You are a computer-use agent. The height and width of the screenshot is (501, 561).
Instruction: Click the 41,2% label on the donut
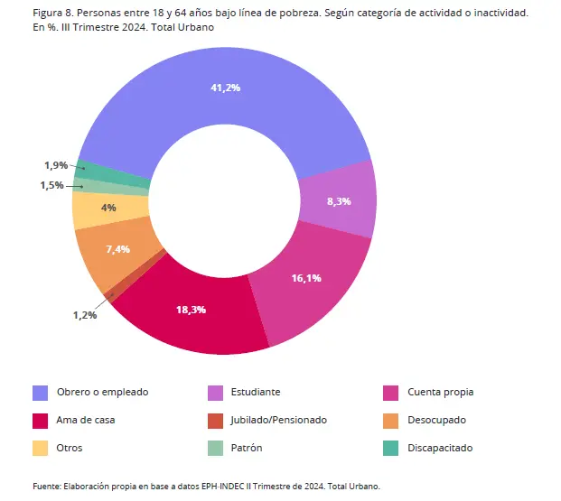pos(225,88)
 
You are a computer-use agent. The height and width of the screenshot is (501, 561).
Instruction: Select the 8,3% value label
pos(339,201)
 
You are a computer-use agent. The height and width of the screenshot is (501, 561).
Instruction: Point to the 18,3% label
pos(191,310)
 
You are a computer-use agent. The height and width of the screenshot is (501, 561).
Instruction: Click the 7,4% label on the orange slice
pos(118,248)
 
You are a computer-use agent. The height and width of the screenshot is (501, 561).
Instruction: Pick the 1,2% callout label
pos(85,315)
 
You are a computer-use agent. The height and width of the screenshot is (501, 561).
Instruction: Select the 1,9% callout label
pos(56,165)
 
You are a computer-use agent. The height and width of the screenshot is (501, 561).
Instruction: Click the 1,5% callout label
pos(51,185)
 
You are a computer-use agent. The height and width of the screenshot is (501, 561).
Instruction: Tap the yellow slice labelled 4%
pos(108,208)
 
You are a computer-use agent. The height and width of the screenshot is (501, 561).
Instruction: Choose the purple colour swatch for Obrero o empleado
pos(40,393)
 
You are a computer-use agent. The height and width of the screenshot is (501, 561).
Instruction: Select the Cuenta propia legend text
pos(441,392)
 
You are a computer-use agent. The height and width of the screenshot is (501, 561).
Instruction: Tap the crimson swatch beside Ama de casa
pos(40,420)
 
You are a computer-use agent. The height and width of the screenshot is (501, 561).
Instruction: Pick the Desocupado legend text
pos(438,420)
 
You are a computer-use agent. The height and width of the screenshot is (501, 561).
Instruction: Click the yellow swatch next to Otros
pos(40,448)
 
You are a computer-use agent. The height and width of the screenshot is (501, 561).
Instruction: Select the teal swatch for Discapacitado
pos(390,448)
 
